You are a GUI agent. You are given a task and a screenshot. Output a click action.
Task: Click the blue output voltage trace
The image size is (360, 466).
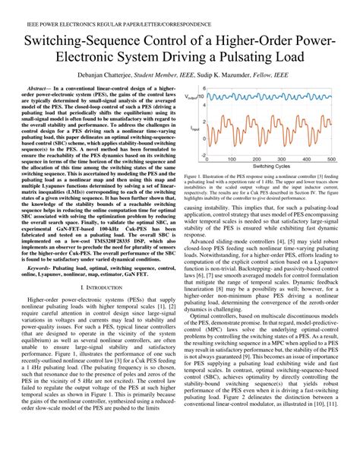pos(266,97)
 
